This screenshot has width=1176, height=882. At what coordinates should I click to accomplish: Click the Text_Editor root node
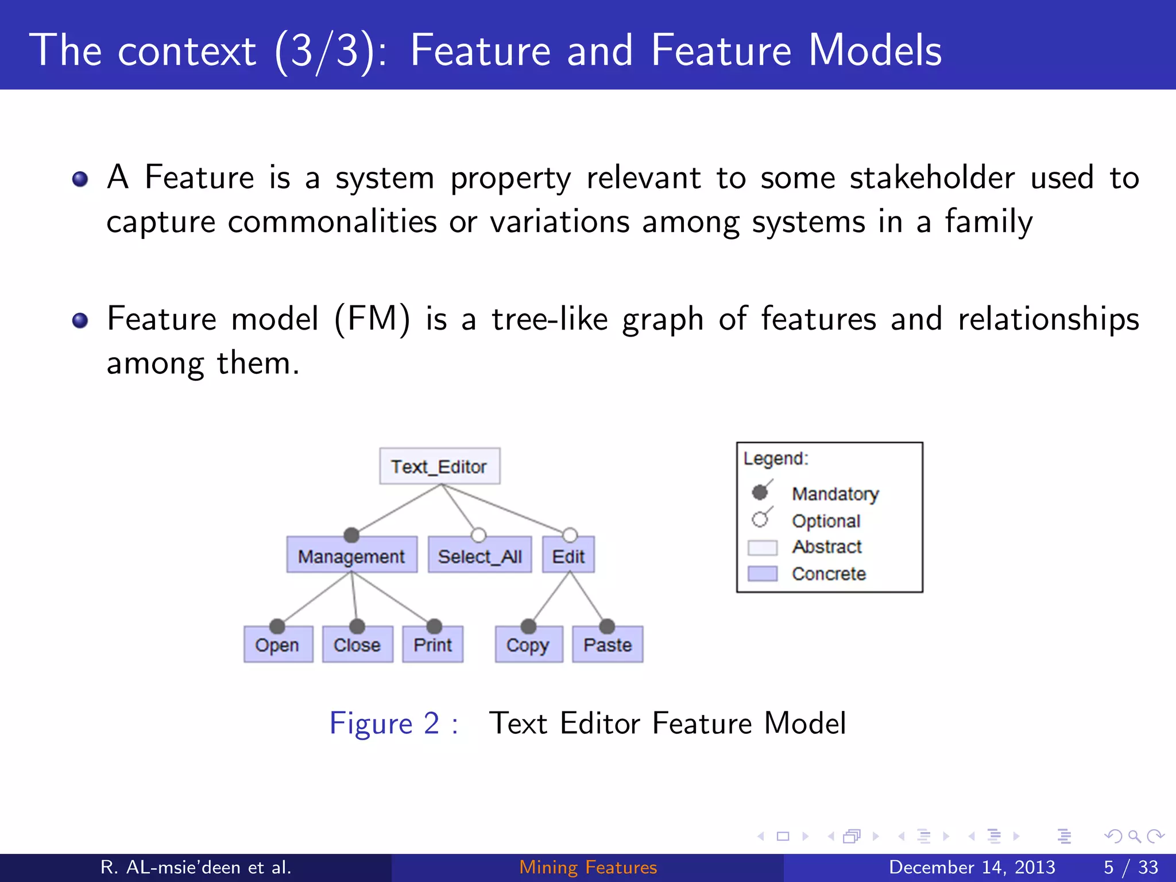pos(439,466)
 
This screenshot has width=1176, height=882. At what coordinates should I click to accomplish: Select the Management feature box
pos(351,556)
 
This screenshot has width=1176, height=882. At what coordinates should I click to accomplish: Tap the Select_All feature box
pos(479,556)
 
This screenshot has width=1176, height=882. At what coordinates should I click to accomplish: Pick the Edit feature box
pos(568,556)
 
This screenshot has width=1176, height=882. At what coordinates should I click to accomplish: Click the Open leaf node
pos(277,645)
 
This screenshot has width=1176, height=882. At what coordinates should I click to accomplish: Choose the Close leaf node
pos(357,645)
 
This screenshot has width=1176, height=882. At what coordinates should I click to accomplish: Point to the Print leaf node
pos(432,645)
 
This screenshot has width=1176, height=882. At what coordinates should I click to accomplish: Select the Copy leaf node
pos(528,645)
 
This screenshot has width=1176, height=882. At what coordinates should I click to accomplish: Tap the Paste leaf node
pos(608,645)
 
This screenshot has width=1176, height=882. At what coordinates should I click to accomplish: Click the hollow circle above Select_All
pos(478,535)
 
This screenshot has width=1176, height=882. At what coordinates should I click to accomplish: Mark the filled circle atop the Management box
pos(351,535)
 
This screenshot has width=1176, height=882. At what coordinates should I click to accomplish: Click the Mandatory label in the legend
pos(835,494)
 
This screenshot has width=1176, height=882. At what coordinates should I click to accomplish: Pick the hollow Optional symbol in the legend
pos(760,519)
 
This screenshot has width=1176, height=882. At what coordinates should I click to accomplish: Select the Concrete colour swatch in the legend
pos(762,574)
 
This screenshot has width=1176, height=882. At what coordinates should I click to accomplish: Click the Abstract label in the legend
pos(827,547)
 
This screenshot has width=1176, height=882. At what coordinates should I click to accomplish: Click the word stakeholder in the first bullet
pos(932,177)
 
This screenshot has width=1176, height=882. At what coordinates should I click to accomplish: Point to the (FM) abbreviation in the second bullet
pos(372,319)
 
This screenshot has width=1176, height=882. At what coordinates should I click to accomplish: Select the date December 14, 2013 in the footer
pos(972,867)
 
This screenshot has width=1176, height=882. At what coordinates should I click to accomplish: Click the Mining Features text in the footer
pos(588,867)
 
